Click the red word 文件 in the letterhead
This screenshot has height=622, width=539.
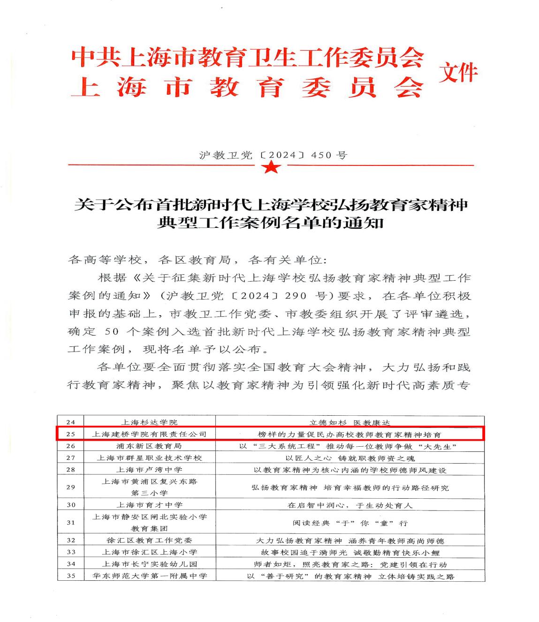[x=458, y=73]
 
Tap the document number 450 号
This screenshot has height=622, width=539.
[x=328, y=155]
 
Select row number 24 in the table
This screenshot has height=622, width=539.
[x=71, y=422]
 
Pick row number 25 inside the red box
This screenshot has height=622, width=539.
[x=71, y=434]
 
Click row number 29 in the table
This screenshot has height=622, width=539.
[x=71, y=487]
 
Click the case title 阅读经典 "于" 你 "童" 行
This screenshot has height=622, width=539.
[x=350, y=523]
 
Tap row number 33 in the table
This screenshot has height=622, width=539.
[x=71, y=552]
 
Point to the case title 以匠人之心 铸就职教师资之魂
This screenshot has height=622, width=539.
[x=350, y=458]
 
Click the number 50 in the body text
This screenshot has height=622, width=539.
[x=113, y=331]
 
